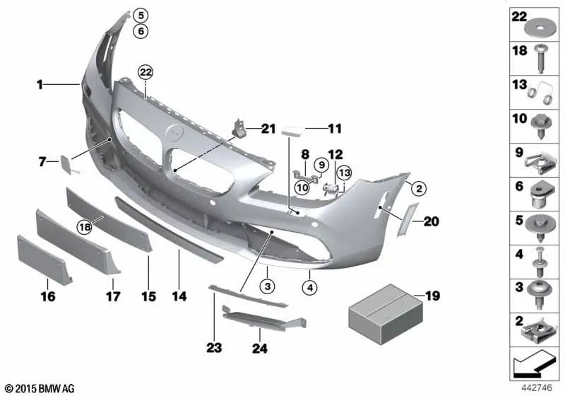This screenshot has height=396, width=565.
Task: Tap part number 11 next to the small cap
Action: tap(334, 129)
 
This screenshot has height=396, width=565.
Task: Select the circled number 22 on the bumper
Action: tap(145, 72)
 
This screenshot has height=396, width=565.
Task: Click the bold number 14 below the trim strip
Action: tap(179, 298)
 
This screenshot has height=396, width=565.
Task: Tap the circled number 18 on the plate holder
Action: tap(85, 226)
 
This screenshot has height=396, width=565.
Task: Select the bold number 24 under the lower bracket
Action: tap(258, 347)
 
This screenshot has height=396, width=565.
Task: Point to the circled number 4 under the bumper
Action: tap(309, 287)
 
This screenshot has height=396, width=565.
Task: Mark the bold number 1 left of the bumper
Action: tap(41, 85)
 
